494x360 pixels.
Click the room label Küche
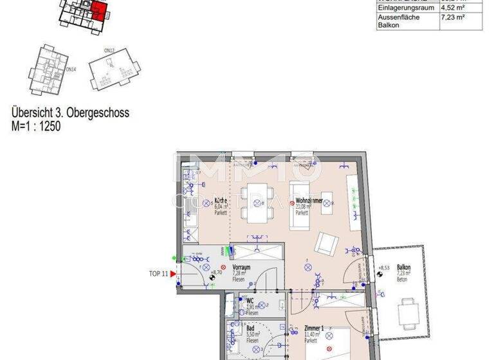coord(220,201)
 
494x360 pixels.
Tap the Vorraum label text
coord(241,267)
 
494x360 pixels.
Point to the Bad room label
coord(250,328)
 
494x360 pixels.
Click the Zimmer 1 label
coord(314,328)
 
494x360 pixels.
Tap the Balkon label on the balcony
coord(403,267)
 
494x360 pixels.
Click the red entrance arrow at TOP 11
coord(173,274)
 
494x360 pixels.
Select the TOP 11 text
coord(158,274)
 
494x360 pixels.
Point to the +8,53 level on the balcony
coord(384,267)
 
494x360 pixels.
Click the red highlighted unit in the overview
coord(98,10)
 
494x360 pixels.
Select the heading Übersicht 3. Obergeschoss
coord(70,113)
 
